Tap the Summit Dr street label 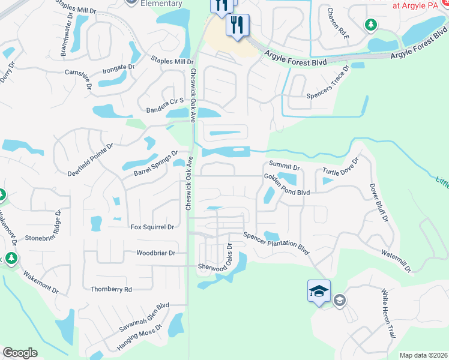click(x=284, y=164)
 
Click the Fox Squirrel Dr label click(x=152, y=227)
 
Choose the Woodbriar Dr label click(x=156, y=253)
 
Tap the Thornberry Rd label click(x=111, y=289)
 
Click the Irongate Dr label click(x=118, y=68)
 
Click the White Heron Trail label click(x=389, y=320)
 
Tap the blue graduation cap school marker click(x=319, y=292)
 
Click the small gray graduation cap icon click(x=339, y=300)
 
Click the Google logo click(x=20, y=353)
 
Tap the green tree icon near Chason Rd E click(x=371, y=25)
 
